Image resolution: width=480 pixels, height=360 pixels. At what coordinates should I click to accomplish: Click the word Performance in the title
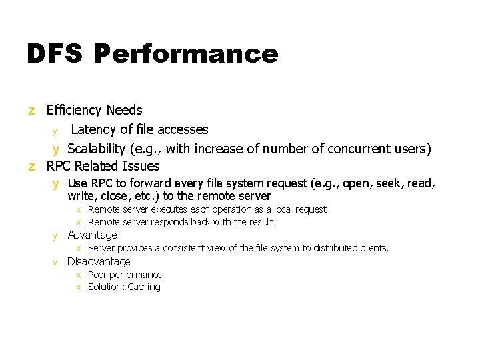186,54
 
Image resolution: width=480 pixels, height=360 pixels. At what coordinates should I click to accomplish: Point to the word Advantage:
94,235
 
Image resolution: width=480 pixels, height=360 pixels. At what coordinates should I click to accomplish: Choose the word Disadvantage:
101,261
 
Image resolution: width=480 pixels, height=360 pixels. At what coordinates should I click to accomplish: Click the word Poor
97,275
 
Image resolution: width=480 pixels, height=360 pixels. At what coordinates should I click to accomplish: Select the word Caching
144,287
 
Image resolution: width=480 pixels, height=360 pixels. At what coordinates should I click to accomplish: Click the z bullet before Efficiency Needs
31,110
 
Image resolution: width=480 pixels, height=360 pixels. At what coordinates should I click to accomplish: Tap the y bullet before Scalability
57,149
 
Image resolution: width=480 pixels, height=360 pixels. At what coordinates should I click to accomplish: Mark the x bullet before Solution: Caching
78,287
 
